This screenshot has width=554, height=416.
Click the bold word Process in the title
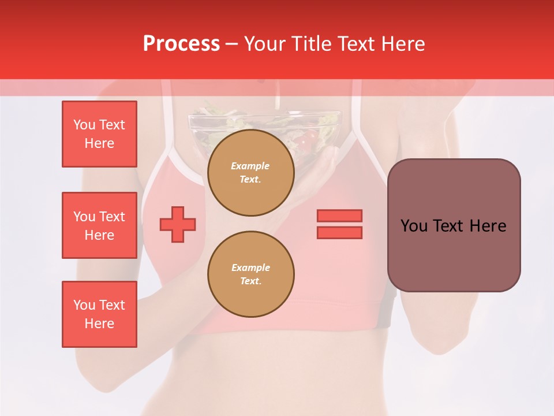181,43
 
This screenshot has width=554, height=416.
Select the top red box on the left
99,134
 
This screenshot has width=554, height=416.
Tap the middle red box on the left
99,225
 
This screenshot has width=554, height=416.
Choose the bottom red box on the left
99,314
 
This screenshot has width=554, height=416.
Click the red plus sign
178,225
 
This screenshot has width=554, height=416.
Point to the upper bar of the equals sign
339,216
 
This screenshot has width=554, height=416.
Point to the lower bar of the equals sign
339,232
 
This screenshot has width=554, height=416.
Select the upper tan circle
251,173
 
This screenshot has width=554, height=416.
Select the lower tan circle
251,274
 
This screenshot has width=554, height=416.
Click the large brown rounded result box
454,225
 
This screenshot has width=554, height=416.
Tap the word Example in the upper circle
250,166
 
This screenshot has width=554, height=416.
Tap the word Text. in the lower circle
250,281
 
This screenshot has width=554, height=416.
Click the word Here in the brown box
488,226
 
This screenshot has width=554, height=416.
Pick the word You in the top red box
84,125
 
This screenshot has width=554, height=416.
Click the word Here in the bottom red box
99,324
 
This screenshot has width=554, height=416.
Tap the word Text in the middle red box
111,217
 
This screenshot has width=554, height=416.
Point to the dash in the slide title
232,44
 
